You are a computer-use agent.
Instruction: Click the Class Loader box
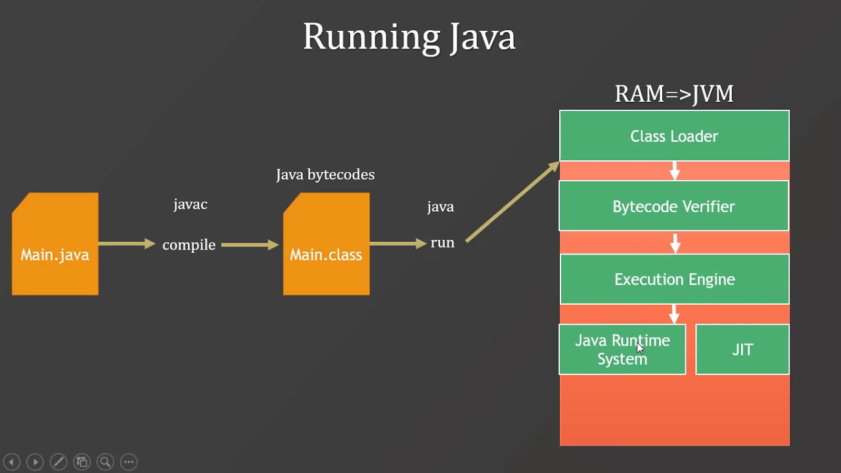pos(674,135)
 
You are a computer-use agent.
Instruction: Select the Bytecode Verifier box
pos(673,206)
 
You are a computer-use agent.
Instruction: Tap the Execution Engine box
pos(675,279)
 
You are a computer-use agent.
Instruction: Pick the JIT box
pos(742,349)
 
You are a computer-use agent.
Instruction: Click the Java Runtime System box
pos(622,349)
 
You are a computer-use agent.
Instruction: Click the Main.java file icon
pos(55,244)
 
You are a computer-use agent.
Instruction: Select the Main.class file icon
pos(327,244)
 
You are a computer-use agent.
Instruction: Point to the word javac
pos(191,205)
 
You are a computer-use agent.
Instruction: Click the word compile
pos(189,245)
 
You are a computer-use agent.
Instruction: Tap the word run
pos(442,242)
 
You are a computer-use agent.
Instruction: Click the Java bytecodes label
pos(325,175)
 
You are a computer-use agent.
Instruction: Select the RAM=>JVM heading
pos(674,94)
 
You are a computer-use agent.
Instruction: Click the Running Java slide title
pos(409,37)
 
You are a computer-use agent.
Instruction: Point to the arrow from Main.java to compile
pos(127,244)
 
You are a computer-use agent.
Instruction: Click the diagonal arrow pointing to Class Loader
pos(512,202)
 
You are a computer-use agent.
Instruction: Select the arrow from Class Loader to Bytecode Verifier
pos(674,171)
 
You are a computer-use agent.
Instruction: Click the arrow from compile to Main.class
pos(250,245)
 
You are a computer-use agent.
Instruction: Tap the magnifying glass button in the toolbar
pos(106,462)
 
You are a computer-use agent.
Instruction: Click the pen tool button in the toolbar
pos(58,462)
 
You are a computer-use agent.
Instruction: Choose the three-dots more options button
pos(129,462)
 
